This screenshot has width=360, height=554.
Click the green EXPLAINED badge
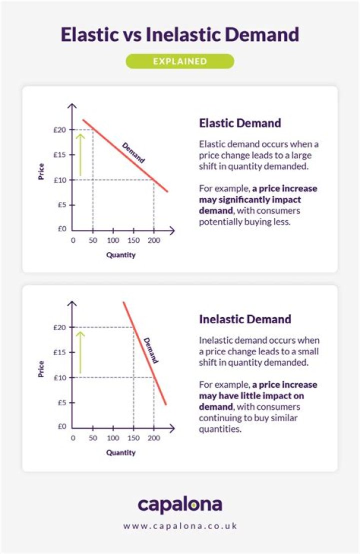pyautogui.click(x=179, y=61)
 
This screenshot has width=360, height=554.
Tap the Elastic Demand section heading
pyautogui.click(x=240, y=123)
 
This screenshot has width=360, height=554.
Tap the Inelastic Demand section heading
pyautogui.click(x=245, y=319)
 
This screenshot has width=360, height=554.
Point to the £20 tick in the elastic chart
pyautogui.click(x=60, y=130)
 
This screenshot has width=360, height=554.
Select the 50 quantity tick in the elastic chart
pyautogui.click(x=92, y=240)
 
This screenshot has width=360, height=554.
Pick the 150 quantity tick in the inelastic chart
pyautogui.click(x=133, y=438)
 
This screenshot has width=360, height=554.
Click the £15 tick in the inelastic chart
pyautogui.click(x=60, y=353)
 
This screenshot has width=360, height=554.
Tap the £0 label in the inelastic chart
pyautogui.click(x=61, y=427)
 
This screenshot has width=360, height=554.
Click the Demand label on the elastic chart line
pyautogui.click(x=133, y=153)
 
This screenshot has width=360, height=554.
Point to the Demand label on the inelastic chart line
pyautogui.click(x=151, y=350)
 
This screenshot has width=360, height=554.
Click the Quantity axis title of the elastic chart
pyautogui.click(x=120, y=255)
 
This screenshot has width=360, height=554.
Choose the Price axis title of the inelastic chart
pyautogui.click(x=41, y=369)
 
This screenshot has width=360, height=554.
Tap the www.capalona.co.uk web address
pyautogui.click(x=179, y=526)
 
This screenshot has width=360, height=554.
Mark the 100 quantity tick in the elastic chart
pyautogui.click(x=113, y=240)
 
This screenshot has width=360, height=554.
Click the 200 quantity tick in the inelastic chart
pyautogui.click(x=153, y=438)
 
